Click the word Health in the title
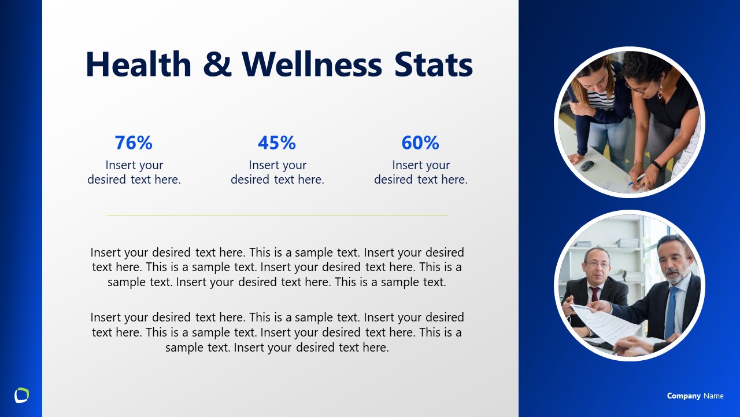click(x=138, y=64)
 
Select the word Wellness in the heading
click(x=312, y=64)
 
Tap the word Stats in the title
click(x=434, y=64)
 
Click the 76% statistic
click(x=134, y=142)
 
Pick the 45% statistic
click(x=277, y=142)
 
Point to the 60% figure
click(x=420, y=142)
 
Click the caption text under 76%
click(x=134, y=173)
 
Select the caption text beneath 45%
click(x=277, y=173)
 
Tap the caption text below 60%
click(x=421, y=173)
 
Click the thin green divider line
click(x=277, y=215)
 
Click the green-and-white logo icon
click(x=21, y=395)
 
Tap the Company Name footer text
click(x=695, y=396)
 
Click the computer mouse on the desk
click(x=587, y=166)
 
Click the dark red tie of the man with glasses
click(x=594, y=295)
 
